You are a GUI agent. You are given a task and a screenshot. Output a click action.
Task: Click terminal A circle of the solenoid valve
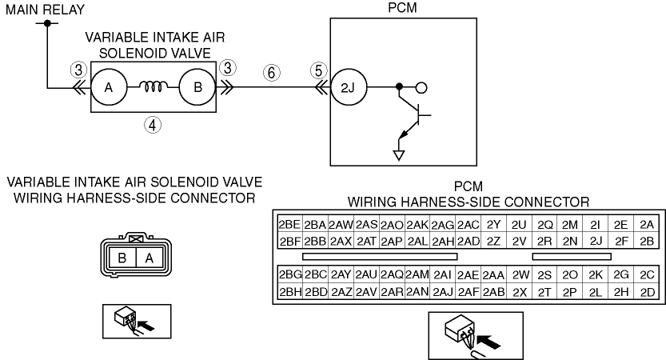(109, 87)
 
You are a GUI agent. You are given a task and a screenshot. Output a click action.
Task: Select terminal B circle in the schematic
(197, 87)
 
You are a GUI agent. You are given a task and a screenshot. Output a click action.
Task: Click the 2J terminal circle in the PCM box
(349, 87)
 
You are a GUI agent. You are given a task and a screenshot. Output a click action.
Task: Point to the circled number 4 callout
(153, 125)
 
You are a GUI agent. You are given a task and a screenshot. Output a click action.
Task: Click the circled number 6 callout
(271, 72)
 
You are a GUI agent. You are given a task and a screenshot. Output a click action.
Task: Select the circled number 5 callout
(318, 70)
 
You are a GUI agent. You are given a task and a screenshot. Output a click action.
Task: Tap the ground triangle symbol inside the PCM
(398, 155)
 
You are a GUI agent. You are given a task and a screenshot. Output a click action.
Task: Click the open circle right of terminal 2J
(421, 87)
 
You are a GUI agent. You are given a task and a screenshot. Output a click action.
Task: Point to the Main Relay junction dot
(47, 23)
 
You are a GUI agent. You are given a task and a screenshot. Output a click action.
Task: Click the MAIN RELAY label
(45, 10)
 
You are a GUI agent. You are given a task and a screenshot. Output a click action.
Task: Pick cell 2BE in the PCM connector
(289, 225)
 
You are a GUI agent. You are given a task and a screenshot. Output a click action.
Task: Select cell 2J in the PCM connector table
(596, 241)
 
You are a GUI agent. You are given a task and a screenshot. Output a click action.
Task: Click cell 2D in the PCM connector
(647, 292)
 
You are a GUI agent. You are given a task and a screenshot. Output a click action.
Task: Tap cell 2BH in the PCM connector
(289, 292)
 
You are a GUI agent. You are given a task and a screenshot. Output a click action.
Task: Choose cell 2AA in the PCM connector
(493, 275)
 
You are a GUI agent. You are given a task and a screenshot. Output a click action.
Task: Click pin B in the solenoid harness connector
(122, 258)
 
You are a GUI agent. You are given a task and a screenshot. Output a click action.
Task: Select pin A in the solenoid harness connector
(149, 258)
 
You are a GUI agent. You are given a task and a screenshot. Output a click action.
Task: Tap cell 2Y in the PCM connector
(493, 225)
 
